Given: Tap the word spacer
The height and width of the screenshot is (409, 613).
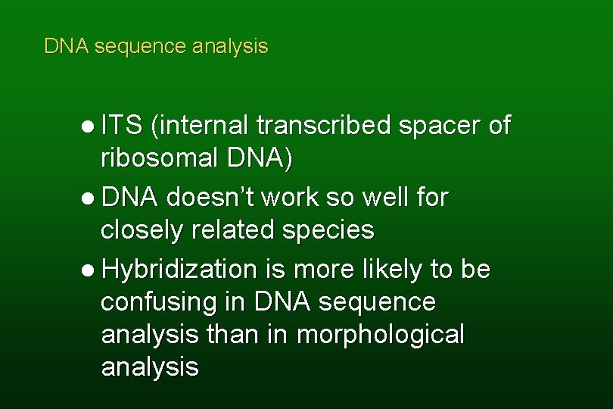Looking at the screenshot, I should coord(440,126).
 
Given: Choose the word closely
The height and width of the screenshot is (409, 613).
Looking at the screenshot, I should coord(141,229).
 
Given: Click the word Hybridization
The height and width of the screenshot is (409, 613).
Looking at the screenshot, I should coord(179,269).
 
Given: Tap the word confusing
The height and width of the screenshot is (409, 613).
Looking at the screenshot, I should coord(157,301).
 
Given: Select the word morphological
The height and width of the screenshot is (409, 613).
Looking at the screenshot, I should coord(380,334).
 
